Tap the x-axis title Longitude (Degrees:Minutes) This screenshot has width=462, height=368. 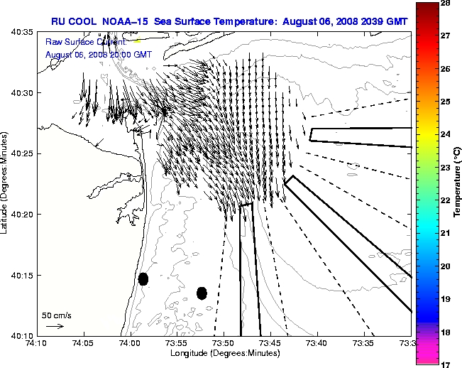pyautogui.click(x=223, y=353)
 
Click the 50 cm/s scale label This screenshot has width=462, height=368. pyautogui.click(x=56, y=315)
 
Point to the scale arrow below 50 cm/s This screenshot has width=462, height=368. pyautogui.click(x=55, y=326)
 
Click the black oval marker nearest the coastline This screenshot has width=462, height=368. pyautogui.click(x=143, y=278)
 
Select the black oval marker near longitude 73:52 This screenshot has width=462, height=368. pyautogui.click(x=202, y=293)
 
